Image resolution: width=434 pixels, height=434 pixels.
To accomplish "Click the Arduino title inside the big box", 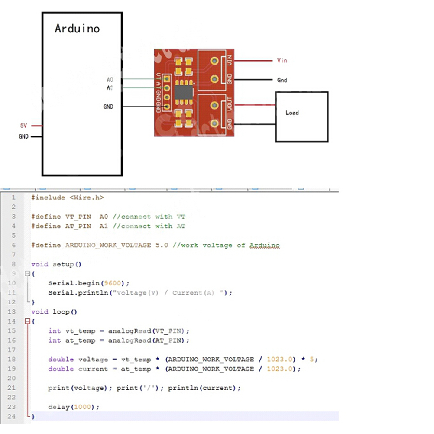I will click(x=77, y=29).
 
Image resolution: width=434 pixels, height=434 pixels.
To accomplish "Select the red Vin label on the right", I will click(x=282, y=61).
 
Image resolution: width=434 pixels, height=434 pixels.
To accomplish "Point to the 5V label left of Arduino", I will click(x=24, y=126).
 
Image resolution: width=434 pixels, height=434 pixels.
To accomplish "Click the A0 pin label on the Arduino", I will click(x=110, y=80).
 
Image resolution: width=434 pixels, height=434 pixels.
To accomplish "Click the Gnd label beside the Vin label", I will click(x=282, y=80).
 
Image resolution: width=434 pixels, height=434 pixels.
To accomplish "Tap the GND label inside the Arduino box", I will click(x=108, y=106).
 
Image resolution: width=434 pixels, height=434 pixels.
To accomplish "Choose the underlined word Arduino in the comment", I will click(x=264, y=246).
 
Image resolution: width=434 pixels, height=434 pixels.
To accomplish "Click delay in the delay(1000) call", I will click(x=58, y=407).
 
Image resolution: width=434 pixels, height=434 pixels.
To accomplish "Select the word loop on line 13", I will click(x=61, y=312).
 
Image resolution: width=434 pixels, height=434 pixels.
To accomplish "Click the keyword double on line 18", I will click(x=61, y=360).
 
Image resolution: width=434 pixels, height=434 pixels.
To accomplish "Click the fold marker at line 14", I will click(x=27, y=321).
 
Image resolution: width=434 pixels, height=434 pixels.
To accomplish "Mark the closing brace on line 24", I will click(x=33, y=417).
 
